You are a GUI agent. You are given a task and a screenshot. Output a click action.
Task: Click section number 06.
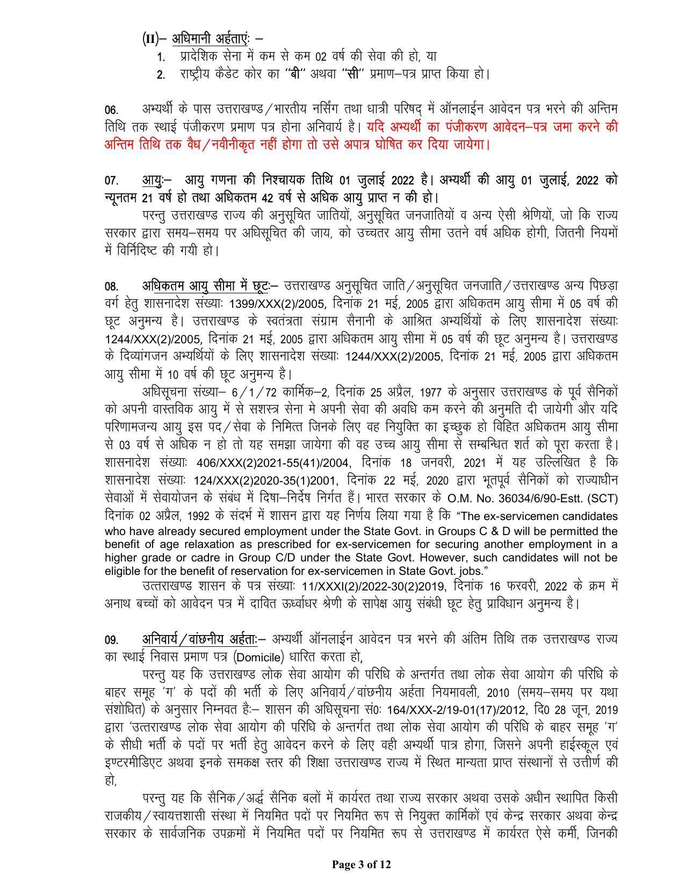click(x=111, y=111)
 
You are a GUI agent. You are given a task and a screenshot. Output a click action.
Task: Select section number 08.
click(x=111, y=286)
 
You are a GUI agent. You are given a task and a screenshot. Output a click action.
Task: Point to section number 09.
click(x=111, y=640)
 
